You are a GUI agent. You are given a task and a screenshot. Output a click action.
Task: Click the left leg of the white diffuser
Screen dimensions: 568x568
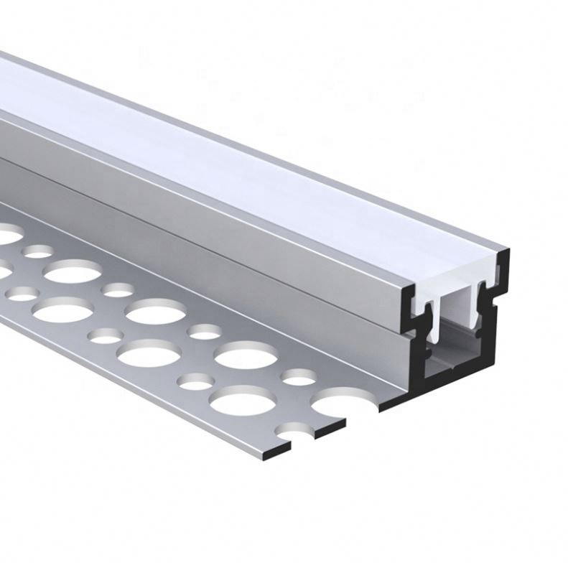(x=434, y=320)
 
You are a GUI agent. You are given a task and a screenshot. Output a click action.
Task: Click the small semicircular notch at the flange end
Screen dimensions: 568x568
(x=299, y=434)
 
